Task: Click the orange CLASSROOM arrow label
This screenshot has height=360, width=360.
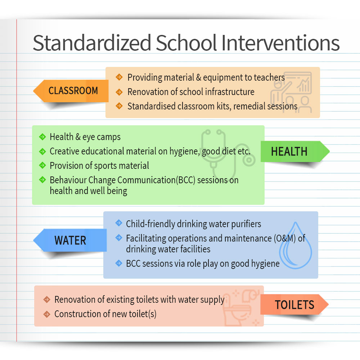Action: [71, 91]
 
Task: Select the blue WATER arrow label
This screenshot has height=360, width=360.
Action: [70, 240]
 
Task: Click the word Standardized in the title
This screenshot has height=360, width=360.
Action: [92, 43]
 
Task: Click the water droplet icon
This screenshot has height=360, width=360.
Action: [296, 245]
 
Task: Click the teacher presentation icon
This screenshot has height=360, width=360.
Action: [291, 92]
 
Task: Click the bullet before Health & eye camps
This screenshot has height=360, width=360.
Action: [42, 137]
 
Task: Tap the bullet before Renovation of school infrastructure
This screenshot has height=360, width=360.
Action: [119, 92]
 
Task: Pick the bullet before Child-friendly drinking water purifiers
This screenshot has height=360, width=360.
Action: [119, 223]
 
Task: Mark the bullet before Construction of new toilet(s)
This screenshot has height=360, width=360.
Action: [47, 314]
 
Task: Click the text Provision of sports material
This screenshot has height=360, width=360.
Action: [99, 166]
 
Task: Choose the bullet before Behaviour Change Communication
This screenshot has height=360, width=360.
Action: [42, 180]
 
